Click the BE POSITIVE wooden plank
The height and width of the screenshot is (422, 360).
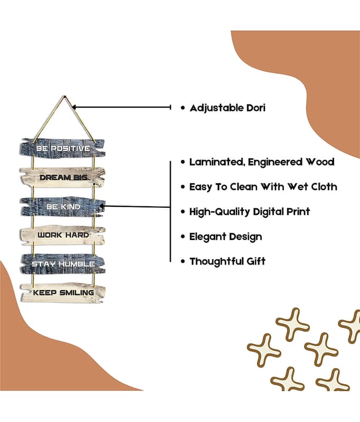pos(63,148)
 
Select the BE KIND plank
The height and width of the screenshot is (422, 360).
pos(63,206)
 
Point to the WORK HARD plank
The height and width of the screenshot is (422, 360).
pos(63,234)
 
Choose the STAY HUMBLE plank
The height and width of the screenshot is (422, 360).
pos(63,263)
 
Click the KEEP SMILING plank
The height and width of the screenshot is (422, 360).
pos(63,292)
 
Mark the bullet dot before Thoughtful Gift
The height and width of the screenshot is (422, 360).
pos(182,261)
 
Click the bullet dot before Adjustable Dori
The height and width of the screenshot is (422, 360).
pos(182,108)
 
